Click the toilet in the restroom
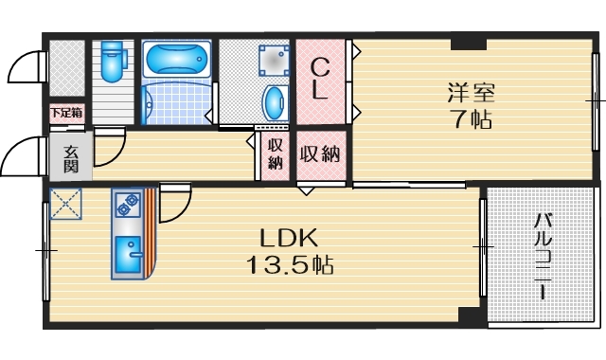click(x=112, y=61)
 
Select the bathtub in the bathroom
click(x=177, y=60)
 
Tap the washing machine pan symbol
click(x=274, y=61)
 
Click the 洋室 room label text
click(x=472, y=93)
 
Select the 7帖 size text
click(x=472, y=119)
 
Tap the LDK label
click(x=289, y=238)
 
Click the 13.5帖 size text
click(x=290, y=265)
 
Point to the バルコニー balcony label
click(x=543, y=256)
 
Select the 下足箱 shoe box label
click(x=66, y=113)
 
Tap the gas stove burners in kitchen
click(x=129, y=205)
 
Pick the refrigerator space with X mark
click(x=65, y=204)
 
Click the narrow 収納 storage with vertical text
click(x=275, y=154)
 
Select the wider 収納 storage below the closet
click(x=321, y=154)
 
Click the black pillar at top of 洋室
click(x=469, y=45)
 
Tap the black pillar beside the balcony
click(x=470, y=315)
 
